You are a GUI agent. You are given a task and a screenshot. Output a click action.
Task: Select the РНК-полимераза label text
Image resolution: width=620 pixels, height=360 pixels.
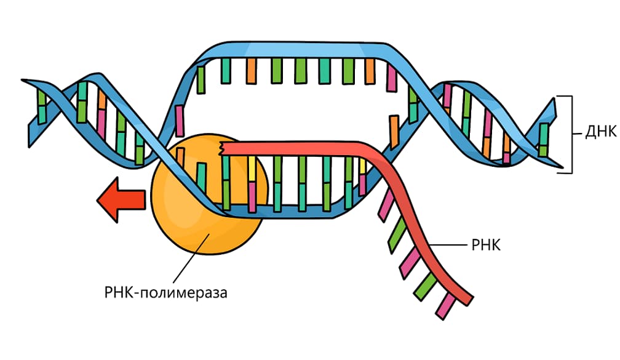click(166, 292)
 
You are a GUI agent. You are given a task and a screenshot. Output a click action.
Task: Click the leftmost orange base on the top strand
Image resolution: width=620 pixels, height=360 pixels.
click(252, 71)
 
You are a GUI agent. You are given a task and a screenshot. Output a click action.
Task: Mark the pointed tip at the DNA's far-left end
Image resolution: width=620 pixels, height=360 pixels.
click(23, 81)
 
